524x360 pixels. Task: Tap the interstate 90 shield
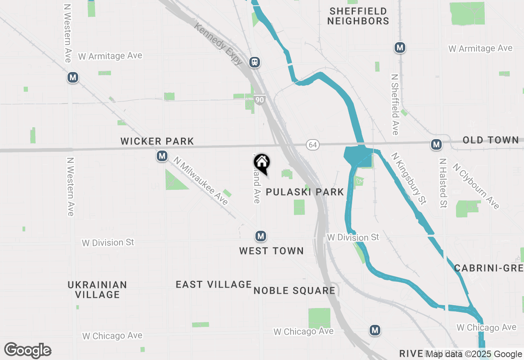259,100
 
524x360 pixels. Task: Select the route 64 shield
313,145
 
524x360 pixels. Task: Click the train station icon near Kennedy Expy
255,62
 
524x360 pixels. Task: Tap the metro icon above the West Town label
261,236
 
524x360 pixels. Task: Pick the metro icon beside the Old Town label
436,144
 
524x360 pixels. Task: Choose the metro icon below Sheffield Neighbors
400,47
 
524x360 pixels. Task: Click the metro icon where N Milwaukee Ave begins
163,156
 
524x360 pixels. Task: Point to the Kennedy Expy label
219,44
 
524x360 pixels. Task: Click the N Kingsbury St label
409,179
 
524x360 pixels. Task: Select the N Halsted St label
443,183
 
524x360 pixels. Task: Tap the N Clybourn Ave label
476,186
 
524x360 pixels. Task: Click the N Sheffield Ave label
395,104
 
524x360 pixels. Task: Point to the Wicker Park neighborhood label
157,142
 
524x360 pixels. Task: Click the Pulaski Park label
305,192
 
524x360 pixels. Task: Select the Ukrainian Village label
97,290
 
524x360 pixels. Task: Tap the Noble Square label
294,291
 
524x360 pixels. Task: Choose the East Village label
214,284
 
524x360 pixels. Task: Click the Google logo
28,350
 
